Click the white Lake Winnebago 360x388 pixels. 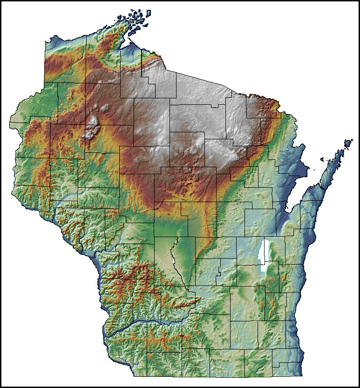tap(265, 256)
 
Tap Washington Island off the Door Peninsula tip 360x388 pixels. tap(348, 142)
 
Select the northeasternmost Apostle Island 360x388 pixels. tap(149, 12)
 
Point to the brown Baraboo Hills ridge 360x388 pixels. tap(179, 303)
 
